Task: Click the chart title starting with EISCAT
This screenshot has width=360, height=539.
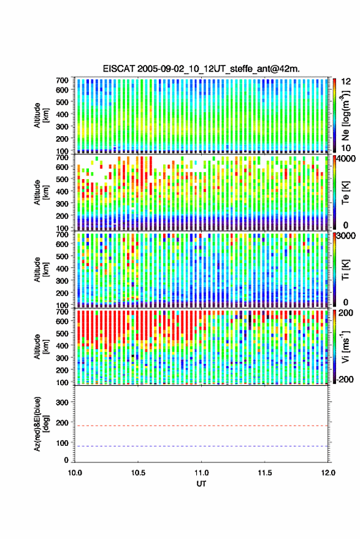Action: pos(201,69)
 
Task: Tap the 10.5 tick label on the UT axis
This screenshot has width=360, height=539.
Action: pos(138,473)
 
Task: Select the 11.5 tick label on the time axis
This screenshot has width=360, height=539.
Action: pos(264,473)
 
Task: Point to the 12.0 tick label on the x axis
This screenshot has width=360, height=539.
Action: pos(328,473)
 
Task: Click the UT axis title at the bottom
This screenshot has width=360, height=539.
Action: pos(202,484)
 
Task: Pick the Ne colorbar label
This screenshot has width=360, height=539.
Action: pos(345,115)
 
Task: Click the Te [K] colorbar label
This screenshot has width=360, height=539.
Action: pos(345,193)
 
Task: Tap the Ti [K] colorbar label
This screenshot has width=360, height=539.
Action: pos(345,270)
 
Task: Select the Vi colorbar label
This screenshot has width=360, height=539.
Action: pos(345,347)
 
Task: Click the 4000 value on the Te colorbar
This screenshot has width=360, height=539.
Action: pos(347,159)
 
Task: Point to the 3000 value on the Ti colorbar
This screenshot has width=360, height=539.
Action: pos(347,236)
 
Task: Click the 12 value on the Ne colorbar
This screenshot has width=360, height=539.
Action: pos(346,82)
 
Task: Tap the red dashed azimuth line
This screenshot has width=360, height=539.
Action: pos(201,426)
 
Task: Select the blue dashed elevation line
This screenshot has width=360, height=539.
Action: pos(201,446)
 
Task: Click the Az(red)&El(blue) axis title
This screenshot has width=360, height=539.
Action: pos(41,424)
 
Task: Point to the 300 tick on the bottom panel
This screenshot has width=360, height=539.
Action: pos(62,402)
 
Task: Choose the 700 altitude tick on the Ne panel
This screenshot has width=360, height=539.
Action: pos(62,80)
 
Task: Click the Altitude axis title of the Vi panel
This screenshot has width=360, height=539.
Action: pos(41,347)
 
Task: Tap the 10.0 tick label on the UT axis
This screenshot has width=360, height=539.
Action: pos(75,473)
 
